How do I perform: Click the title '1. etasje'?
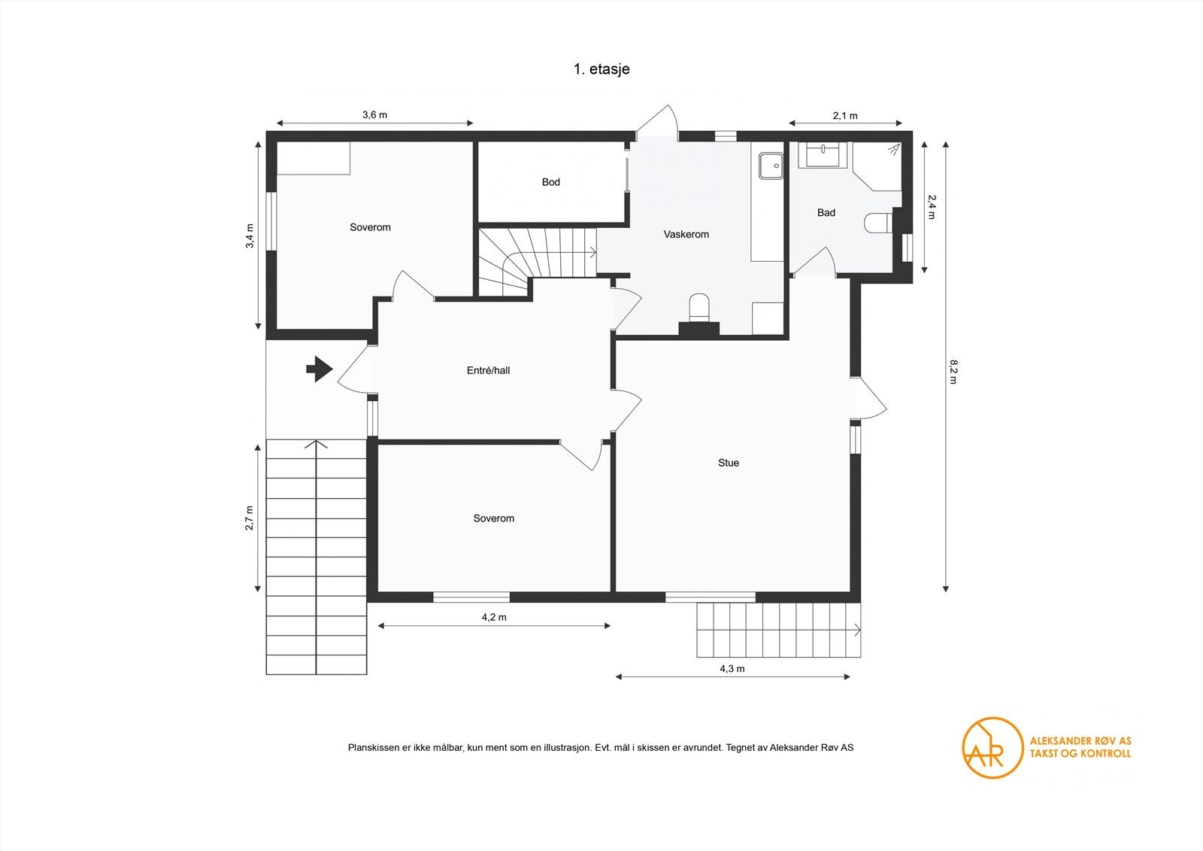pyautogui.click(x=601, y=69)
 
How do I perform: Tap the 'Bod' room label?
pyautogui.click(x=550, y=182)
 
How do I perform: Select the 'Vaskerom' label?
pyautogui.click(x=686, y=235)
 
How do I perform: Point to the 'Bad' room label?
pyautogui.click(x=826, y=213)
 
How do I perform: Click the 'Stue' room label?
pyautogui.click(x=729, y=463)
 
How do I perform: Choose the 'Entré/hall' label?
pyautogui.click(x=488, y=370)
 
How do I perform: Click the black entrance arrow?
pyautogui.click(x=320, y=369)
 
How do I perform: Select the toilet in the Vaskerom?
pyautogui.click(x=698, y=308)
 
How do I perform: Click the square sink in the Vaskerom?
pyautogui.click(x=771, y=166)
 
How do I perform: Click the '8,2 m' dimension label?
pyautogui.click(x=953, y=372)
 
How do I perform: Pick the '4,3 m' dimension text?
pyautogui.click(x=732, y=669)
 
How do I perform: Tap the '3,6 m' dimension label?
pyautogui.click(x=374, y=114)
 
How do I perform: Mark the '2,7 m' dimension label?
pyautogui.click(x=250, y=518)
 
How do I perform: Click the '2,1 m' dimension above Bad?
pyautogui.click(x=845, y=116)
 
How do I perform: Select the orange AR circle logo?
pyautogui.click(x=992, y=747)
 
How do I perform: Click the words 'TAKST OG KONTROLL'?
pyautogui.click(x=1080, y=754)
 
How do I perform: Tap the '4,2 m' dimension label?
pyautogui.click(x=493, y=617)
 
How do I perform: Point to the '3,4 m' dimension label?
pyautogui.click(x=250, y=236)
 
